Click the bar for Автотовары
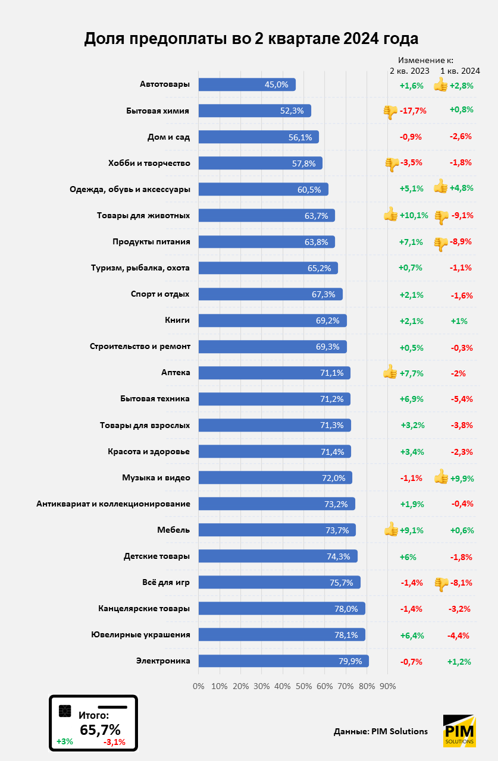[x=246, y=84]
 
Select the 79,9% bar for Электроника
[x=283, y=661]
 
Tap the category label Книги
[x=177, y=320]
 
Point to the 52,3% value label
[x=292, y=111]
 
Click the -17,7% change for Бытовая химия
[x=414, y=111]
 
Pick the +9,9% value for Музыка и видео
[x=461, y=477]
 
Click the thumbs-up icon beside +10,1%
[x=390, y=215]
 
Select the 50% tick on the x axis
[x=304, y=686]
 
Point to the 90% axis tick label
[x=388, y=686]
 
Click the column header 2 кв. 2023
[x=409, y=71]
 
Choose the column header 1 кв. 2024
[x=460, y=71]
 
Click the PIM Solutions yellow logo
[x=459, y=731]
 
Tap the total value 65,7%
[x=100, y=729]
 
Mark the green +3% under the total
[x=65, y=741]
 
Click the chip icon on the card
[x=65, y=711]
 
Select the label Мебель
[x=174, y=530]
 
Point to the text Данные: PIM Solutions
[x=381, y=731]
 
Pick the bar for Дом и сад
[x=258, y=137]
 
